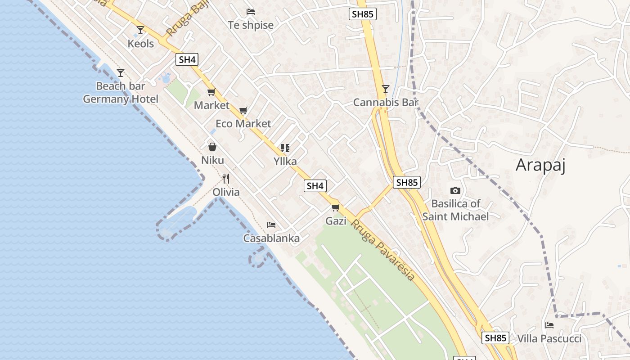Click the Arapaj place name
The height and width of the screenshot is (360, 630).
[540, 165]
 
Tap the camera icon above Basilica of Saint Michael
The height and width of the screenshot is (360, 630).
[455, 190]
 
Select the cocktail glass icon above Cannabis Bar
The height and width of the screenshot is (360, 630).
[385, 89]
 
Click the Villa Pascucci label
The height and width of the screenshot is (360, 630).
[549, 338]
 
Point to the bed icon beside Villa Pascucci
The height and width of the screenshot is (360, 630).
[549, 325]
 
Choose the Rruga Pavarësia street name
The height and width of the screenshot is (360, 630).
[382, 250]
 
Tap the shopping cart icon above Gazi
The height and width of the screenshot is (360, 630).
[335, 207]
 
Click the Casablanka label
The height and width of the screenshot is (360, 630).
[271, 238]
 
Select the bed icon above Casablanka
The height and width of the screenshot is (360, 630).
[271, 225]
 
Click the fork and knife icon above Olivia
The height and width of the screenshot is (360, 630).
[226, 179]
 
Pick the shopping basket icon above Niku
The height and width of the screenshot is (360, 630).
[212, 147]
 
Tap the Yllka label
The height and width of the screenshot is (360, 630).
[285, 161]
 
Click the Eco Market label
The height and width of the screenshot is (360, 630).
[243, 124]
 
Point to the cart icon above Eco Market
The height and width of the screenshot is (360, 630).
[243, 110]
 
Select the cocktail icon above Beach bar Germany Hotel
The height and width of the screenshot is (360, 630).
[120, 72]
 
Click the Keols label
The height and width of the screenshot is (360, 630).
[140, 44]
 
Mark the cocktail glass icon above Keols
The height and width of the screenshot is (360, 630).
[140, 30]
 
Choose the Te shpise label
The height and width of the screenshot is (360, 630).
[251, 25]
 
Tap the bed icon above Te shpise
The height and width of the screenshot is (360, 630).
[251, 11]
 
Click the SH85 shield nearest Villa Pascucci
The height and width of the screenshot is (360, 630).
[495, 337]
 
